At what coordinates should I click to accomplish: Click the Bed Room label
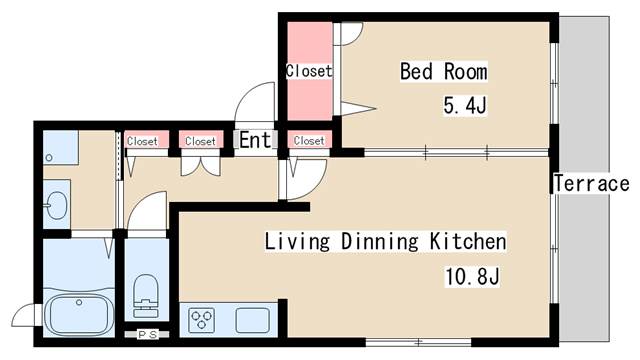[444, 71]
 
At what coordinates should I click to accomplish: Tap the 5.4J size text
[465, 106]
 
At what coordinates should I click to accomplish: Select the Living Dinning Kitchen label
[385, 241]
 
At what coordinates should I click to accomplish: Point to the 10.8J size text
[472, 276]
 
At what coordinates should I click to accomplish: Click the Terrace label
[591, 183]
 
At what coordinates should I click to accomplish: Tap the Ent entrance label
[255, 140]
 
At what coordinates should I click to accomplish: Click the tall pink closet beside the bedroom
[310, 71]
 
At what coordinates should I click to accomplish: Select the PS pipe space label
[147, 335]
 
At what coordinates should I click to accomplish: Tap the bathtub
[79, 313]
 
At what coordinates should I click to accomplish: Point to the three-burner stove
[202, 320]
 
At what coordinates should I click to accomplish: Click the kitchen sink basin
[253, 320]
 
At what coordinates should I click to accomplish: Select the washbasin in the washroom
[56, 205]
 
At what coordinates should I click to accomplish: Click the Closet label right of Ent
[309, 141]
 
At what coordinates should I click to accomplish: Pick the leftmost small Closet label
[142, 141]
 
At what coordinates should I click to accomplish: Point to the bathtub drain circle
[79, 302]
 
